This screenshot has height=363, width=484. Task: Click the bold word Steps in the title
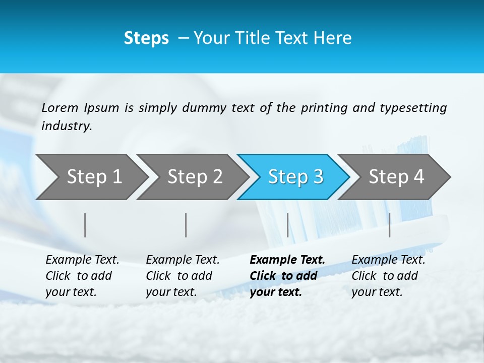pyautogui.click(x=146, y=38)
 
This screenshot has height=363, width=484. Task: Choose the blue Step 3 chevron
pyautogui.click(x=295, y=176)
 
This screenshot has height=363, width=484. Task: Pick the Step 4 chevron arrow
pyautogui.click(x=396, y=176)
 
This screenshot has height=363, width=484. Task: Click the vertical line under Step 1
pyautogui.click(x=85, y=225)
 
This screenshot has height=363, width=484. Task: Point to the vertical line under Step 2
pyautogui.click(x=186, y=225)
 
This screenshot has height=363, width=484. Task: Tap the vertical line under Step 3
pyautogui.click(x=287, y=225)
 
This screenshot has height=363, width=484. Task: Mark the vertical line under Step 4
pyautogui.click(x=389, y=225)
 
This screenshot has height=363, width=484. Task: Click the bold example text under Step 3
pyautogui.click(x=287, y=276)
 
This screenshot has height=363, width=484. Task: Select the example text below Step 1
pyautogui.click(x=82, y=276)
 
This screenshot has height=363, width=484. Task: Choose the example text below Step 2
pyautogui.click(x=183, y=276)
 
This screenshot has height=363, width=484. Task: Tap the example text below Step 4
pyautogui.click(x=388, y=276)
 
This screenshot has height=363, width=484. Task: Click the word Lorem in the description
pyautogui.click(x=60, y=107)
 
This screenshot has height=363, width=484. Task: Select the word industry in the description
pyautogui.click(x=67, y=126)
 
